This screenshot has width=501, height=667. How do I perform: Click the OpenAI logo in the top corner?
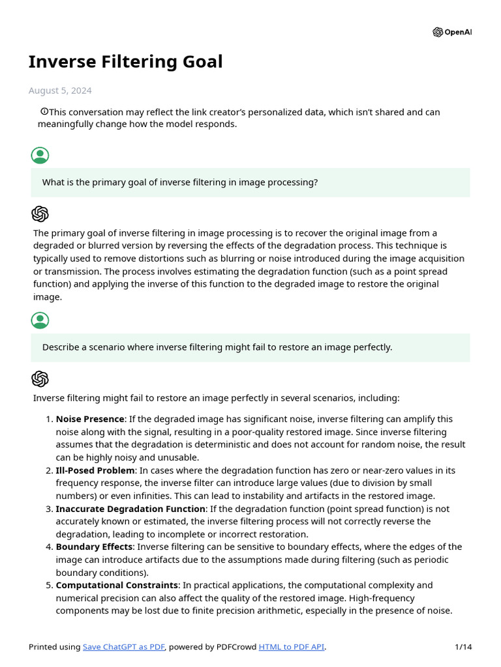click(x=451, y=32)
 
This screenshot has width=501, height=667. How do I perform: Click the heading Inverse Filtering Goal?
click(x=125, y=62)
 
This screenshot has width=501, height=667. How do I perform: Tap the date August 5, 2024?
click(x=60, y=91)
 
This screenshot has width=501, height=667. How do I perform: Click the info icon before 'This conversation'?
click(x=44, y=111)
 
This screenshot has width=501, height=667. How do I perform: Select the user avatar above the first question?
click(x=40, y=155)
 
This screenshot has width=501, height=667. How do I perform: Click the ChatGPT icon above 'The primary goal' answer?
click(x=40, y=214)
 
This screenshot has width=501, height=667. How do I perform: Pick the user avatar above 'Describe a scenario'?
click(x=40, y=320)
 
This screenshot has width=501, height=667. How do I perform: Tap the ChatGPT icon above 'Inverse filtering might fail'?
click(x=40, y=379)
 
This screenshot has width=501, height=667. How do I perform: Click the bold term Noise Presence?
click(x=90, y=419)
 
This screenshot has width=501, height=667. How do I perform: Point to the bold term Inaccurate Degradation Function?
click(x=130, y=509)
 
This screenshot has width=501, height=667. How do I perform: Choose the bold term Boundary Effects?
click(x=94, y=546)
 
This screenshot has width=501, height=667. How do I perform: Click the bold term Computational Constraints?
click(x=117, y=585)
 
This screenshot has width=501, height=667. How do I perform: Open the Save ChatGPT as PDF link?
click(x=124, y=647)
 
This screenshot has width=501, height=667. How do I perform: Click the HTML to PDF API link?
click(x=291, y=647)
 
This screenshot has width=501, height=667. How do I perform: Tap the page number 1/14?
click(x=463, y=647)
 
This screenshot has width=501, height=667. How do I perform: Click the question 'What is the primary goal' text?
click(x=180, y=182)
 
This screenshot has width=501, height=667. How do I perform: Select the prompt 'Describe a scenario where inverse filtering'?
click(x=217, y=347)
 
